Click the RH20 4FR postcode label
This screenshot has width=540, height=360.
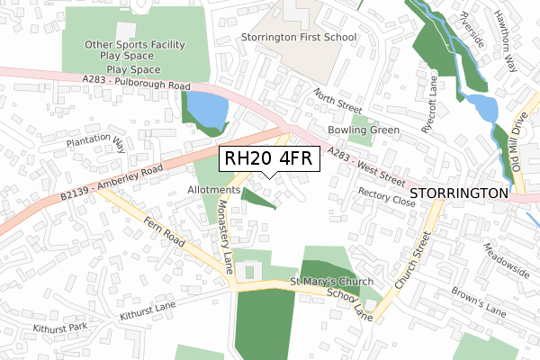point(267,158)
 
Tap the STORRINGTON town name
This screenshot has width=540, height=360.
point(459,193)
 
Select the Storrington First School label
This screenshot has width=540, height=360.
point(299,38)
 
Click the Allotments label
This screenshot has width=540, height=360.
point(213,191)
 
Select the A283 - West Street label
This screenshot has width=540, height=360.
point(366,161)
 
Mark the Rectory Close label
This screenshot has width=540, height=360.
point(386,197)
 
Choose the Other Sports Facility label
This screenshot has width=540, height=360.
point(134,44)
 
